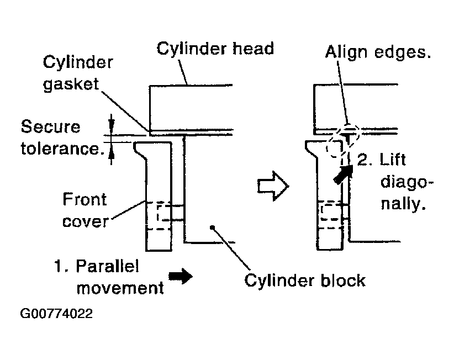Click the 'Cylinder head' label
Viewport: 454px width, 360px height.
[215, 49]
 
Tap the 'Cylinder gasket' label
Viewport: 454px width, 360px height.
[77, 73]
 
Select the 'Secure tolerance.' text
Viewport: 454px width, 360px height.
[62, 137]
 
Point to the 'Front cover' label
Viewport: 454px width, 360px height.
[85, 210]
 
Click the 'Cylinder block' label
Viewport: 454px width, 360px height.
[304, 280]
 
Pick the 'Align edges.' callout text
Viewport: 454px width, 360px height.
[378, 52]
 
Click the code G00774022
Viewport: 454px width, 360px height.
[56, 314]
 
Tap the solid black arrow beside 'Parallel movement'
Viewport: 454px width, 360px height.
[181, 276]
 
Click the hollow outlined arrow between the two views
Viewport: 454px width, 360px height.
[273, 186]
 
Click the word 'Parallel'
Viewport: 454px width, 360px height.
[107, 266]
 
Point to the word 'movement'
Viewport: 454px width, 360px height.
[120, 288]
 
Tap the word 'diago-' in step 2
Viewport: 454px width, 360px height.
[407, 183]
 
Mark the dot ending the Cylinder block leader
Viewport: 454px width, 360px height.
[212, 227]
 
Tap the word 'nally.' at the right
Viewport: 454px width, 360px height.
[403, 204]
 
